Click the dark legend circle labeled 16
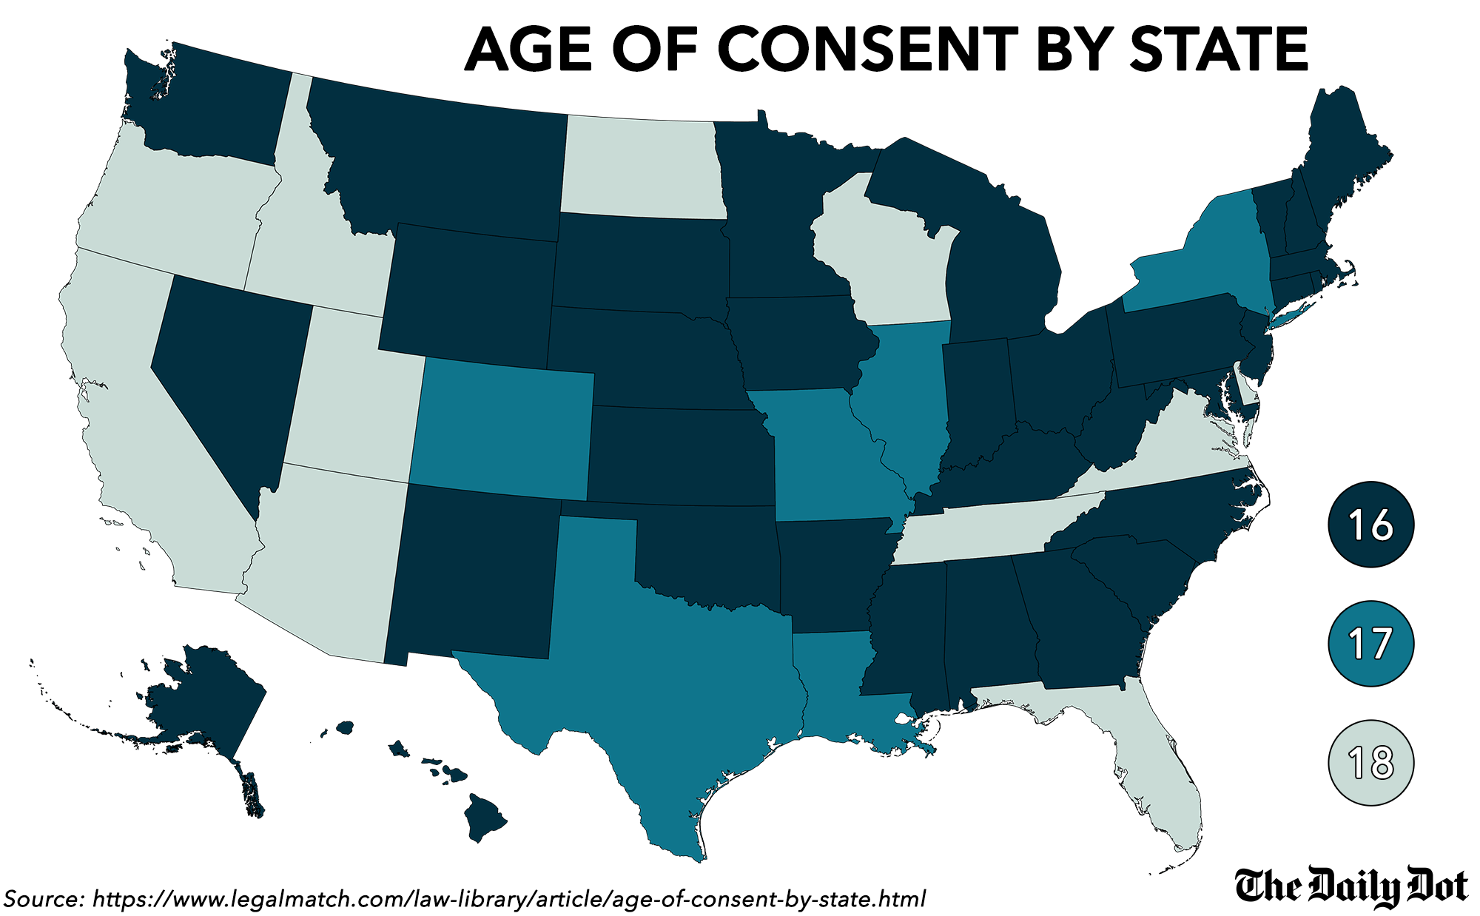[x=1371, y=525]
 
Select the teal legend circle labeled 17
[x=1371, y=644]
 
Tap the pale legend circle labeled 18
[x=1371, y=762]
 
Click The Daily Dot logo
[x=1351, y=886]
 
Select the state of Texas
[x=666, y=666]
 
